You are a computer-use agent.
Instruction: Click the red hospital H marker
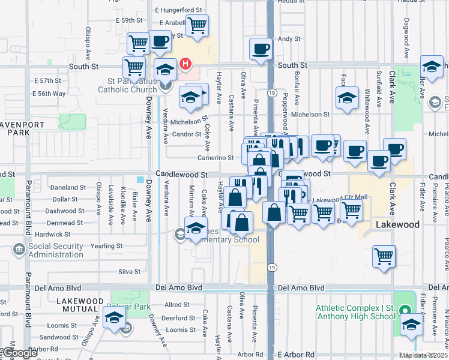(186, 63)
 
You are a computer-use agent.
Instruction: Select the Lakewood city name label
(397, 224)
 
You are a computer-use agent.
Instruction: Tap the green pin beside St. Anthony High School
(405, 311)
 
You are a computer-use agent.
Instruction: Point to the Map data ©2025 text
(424, 355)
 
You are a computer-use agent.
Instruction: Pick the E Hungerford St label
(178, 10)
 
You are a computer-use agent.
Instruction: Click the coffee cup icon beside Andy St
(261, 49)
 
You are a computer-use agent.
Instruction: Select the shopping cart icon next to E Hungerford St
(197, 25)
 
